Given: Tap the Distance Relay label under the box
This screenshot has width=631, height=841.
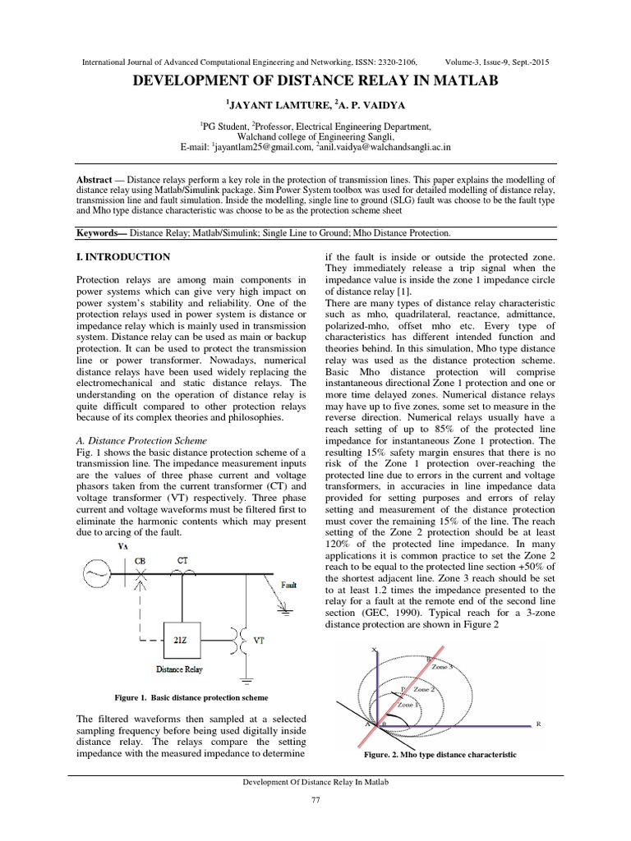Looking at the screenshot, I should (x=179, y=669).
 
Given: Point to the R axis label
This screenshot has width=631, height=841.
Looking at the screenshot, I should (x=538, y=724).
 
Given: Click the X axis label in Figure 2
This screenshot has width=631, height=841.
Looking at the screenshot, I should (x=375, y=650).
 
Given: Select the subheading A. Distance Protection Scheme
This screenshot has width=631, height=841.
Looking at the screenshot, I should (x=139, y=439).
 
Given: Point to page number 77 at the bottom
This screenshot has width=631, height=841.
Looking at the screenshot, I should (x=315, y=801).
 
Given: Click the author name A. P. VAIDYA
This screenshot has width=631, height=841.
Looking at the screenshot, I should (x=364, y=105).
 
